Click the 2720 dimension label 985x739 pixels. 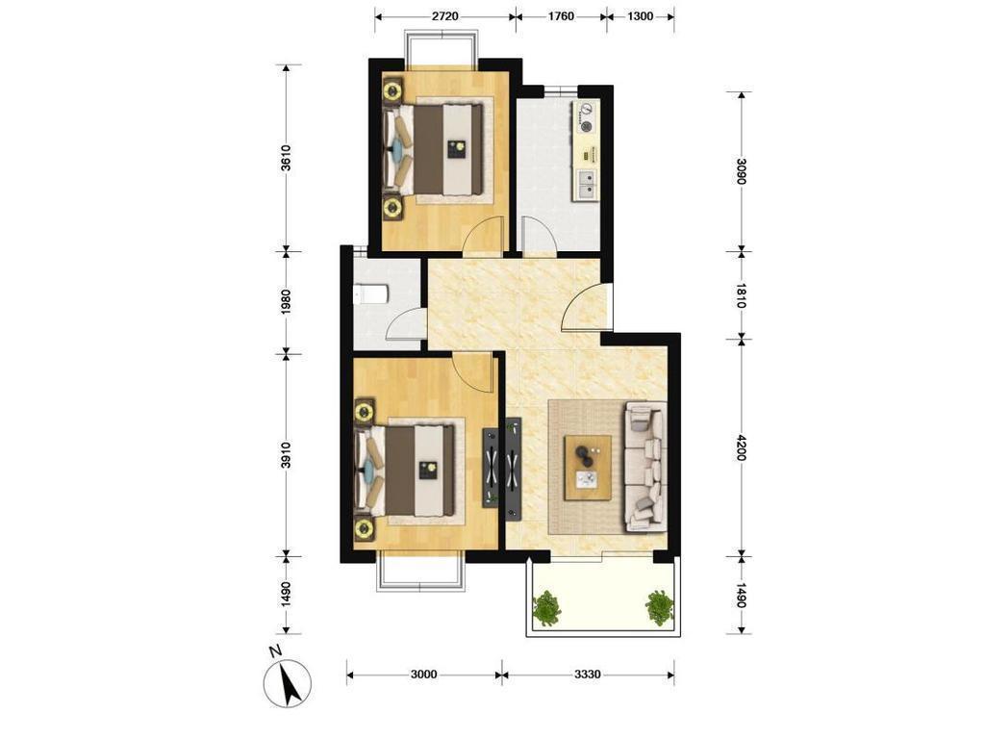tap(444, 16)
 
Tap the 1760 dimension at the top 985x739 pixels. tap(561, 16)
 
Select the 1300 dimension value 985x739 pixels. tap(640, 16)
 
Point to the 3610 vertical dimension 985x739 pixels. tap(286, 158)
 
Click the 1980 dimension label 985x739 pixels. tap(286, 302)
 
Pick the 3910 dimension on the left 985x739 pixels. tap(286, 455)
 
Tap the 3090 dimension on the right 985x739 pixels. tap(742, 171)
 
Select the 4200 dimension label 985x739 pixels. tap(742, 447)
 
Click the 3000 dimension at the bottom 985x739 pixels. tap(423, 675)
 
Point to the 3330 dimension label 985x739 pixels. tap(588, 675)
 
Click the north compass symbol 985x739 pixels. tap(288, 681)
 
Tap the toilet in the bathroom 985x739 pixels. tap(370, 294)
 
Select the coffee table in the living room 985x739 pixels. tap(588, 468)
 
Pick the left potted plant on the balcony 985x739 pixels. tap(547, 608)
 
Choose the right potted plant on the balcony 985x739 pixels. tap(659, 607)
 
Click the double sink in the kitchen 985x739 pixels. tap(586, 186)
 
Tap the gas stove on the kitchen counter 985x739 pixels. tap(586, 117)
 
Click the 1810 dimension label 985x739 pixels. tap(742, 296)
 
